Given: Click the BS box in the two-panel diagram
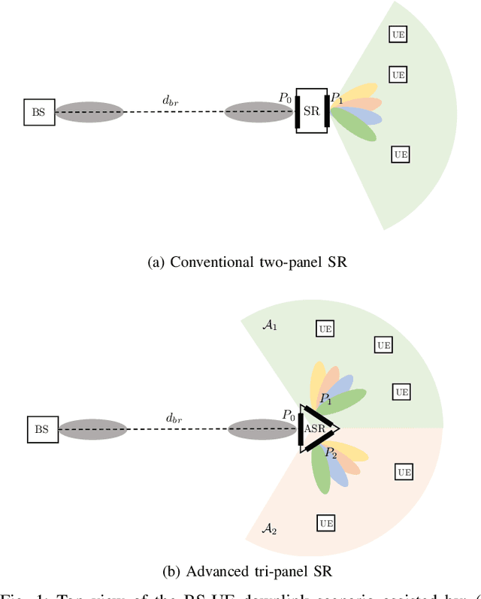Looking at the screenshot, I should tap(38, 112).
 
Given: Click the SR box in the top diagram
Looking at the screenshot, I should tap(311, 111).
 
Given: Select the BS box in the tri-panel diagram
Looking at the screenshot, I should tap(42, 429).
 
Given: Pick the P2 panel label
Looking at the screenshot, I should tap(331, 452).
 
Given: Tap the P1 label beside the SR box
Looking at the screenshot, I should tap(337, 98).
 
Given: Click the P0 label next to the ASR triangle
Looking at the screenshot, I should tap(288, 415).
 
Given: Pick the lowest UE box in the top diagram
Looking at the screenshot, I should tap(401, 154).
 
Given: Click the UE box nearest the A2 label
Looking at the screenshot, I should tap(326, 522).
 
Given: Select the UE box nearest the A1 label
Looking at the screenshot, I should tap(325, 329).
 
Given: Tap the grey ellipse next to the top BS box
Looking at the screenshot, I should tap(89, 112).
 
